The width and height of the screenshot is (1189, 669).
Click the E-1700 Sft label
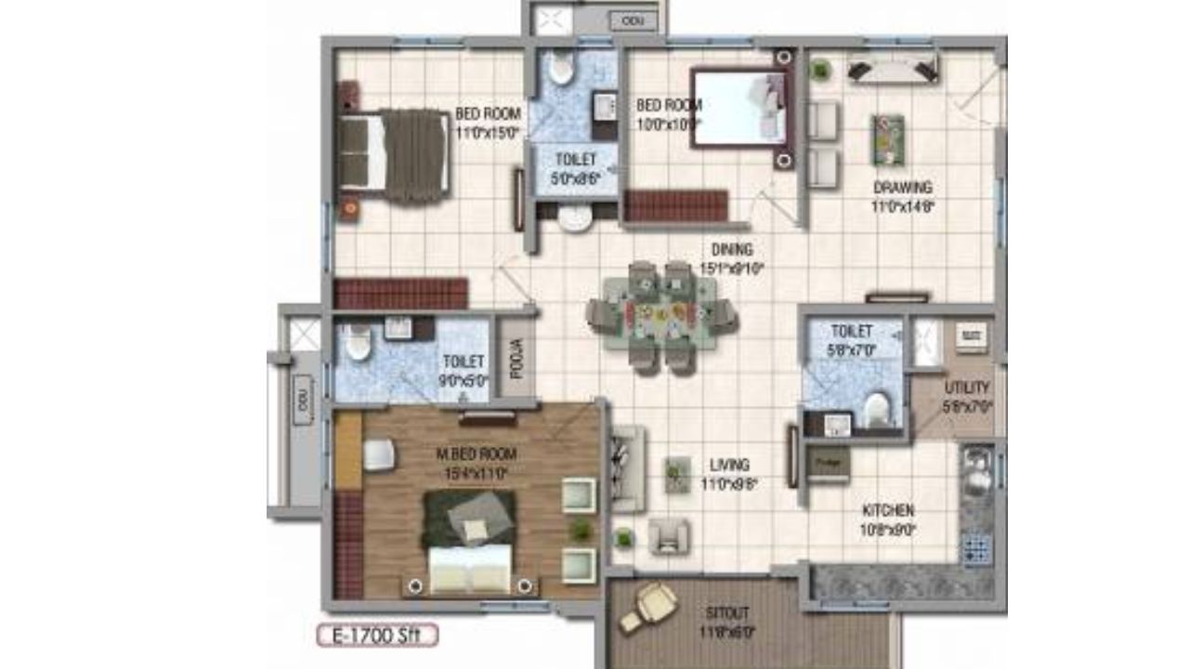tap(377, 636)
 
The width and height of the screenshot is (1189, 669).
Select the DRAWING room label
tap(902, 188)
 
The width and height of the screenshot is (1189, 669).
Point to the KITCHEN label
tap(888, 510)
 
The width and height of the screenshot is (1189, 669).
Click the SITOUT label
tap(727, 613)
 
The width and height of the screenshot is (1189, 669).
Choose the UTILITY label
tap(967, 387)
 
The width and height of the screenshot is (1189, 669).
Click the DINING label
tap(732, 249)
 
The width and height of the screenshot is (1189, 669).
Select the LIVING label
tap(729, 465)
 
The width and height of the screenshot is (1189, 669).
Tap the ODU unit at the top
tap(632, 20)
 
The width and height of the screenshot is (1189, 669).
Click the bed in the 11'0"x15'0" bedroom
tap(394, 155)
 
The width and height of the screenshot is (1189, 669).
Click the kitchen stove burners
tap(977, 547)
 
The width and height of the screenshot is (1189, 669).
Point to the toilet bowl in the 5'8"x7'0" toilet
tap(875, 409)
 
